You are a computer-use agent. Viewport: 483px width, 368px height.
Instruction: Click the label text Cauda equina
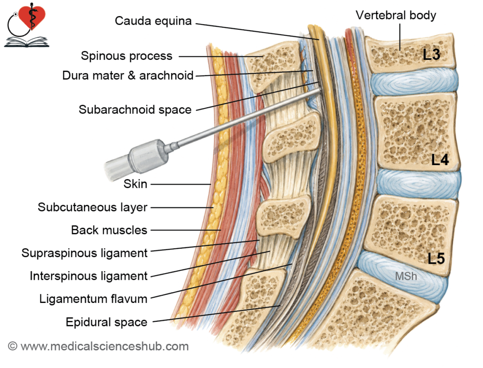(153, 21)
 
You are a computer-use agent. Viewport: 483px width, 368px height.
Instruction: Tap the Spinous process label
(126, 56)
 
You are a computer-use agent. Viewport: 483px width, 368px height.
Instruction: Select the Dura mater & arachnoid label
(128, 75)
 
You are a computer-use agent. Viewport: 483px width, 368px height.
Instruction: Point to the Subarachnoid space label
(135, 109)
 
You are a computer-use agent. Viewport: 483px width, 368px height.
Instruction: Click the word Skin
(135, 184)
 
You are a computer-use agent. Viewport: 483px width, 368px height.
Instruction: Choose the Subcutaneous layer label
(92, 207)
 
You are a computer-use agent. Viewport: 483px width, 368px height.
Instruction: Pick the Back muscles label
(109, 230)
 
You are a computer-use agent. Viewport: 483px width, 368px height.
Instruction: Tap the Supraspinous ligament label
(84, 253)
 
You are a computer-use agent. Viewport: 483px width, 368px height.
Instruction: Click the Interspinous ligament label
(88, 276)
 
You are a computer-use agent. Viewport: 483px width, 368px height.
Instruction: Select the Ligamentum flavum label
(93, 299)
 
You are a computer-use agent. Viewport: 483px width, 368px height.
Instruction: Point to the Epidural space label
(107, 322)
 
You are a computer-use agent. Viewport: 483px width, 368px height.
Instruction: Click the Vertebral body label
(396, 15)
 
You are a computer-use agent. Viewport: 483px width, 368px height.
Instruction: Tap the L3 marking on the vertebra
(432, 55)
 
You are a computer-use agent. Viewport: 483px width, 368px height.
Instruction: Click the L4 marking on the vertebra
(440, 159)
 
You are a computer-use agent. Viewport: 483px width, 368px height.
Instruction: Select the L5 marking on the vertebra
(436, 258)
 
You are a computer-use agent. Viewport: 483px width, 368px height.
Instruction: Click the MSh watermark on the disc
(406, 276)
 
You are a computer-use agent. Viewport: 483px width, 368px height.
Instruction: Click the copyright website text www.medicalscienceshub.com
(104, 346)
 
